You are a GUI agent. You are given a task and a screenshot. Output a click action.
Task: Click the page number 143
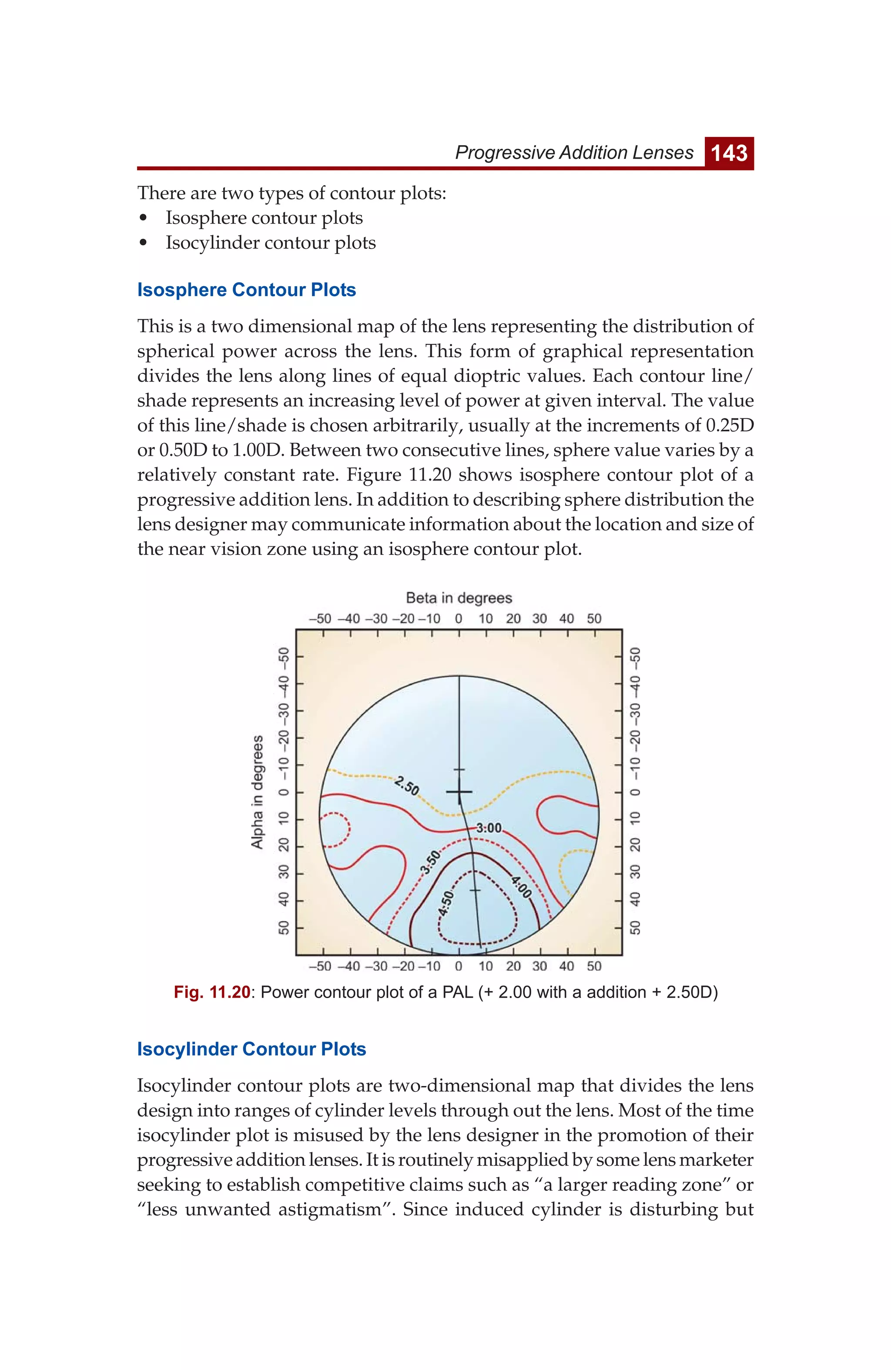click(x=729, y=153)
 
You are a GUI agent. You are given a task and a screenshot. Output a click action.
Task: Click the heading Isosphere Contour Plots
click(x=247, y=290)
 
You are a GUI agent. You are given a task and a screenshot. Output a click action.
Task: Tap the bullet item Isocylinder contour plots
click(x=270, y=243)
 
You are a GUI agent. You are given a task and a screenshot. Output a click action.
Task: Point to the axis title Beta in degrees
click(x=459, y=598)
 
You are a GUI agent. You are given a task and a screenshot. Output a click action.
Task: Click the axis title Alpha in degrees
click(x=258, y=792)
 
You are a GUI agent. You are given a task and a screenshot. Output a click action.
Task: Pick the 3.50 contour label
click(x=430, y=862)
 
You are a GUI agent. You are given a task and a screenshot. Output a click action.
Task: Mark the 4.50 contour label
click(x=446, y=904)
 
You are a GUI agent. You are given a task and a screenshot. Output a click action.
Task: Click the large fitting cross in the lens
click(x=459, y=792)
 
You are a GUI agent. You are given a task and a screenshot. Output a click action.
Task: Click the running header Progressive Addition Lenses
click(x=574, y=153)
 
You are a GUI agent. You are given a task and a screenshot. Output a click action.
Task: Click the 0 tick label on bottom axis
click(x=459, y=966)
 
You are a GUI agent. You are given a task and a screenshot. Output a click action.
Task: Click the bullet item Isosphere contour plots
click(x=264, y=218)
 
